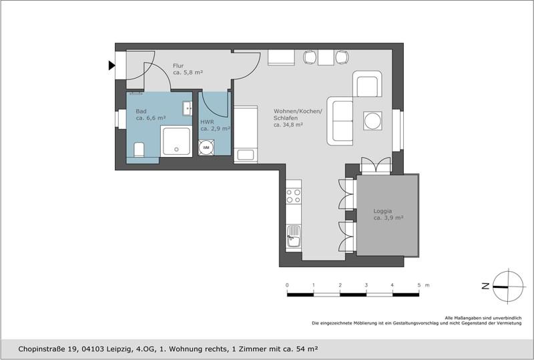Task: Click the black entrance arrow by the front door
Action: (x=111, y=65)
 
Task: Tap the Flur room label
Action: (x=178, y=65)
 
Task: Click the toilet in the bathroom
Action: (x=138, y=150)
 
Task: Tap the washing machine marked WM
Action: (x=206, y=148)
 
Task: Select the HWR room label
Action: (x=207, y=122)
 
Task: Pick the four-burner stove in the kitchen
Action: (x=294, y=196)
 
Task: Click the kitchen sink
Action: (x=294, y=234)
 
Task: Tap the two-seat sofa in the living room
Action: (x=340, y=120)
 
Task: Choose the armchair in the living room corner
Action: (x=368, y=84)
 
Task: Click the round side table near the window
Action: (x=372, y=121)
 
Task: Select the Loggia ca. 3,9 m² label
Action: (x=388, y=214)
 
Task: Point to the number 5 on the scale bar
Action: (x=419, y=285)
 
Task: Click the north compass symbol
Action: (x=508, y=285)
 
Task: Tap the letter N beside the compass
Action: (x=486, y=285)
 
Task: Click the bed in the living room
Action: (x=245, y=134)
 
